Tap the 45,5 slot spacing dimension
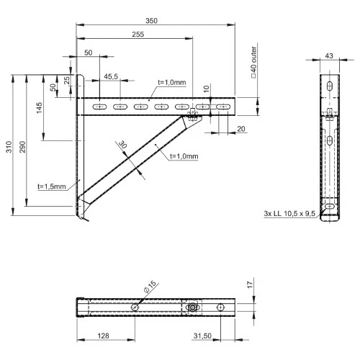point(111,76)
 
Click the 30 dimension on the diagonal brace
point(122,145)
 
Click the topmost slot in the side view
point(329,87)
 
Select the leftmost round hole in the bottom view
point(135,307)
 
